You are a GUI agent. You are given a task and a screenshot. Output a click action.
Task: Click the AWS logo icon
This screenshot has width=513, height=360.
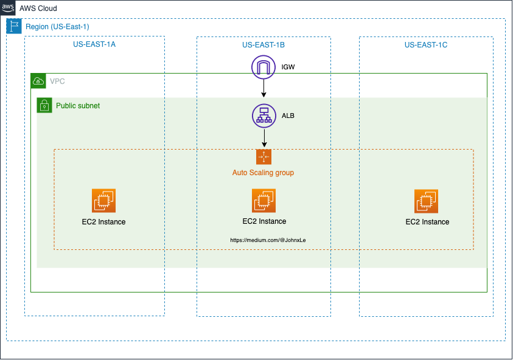(8, 8)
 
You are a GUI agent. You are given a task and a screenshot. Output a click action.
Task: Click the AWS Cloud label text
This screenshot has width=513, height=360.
(38, 9)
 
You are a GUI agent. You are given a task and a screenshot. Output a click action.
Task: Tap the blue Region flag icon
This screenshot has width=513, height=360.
(14, 26)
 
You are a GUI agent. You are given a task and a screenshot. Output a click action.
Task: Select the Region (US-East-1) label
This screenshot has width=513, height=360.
(57, 27)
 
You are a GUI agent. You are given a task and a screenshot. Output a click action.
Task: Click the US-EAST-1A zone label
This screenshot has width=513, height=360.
(94, 45)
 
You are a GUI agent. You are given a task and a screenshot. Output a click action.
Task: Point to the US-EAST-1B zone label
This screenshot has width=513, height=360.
(263, 45)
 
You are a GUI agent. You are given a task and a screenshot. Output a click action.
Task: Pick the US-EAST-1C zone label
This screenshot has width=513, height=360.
(426, 45)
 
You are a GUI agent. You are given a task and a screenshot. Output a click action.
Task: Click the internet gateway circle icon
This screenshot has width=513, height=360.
(263, 67)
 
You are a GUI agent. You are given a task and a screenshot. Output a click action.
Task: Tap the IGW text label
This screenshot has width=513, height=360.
(288, 66)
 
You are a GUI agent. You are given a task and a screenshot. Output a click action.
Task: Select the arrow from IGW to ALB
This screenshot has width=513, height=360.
(263, 89)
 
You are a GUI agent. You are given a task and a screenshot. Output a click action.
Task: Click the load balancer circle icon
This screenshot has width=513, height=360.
(263, 116)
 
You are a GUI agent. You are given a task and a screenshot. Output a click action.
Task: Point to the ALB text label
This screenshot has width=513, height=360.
(288, 116)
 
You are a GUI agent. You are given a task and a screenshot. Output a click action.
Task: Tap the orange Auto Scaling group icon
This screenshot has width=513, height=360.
(263, 156)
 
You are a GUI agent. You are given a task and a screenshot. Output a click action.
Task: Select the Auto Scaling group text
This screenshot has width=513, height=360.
(263, 173)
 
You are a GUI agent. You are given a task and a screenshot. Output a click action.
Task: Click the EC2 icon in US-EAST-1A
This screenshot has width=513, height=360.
(103, 200)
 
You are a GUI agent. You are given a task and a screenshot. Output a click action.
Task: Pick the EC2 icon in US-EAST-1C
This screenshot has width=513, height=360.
(427, 201)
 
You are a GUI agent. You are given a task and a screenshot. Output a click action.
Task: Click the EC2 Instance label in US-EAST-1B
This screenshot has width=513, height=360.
(264, 221)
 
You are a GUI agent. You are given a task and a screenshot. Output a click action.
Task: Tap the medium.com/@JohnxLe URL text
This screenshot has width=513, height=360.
(268, 240)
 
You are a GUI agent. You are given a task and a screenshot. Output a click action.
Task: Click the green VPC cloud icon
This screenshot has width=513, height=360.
(38, 81)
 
